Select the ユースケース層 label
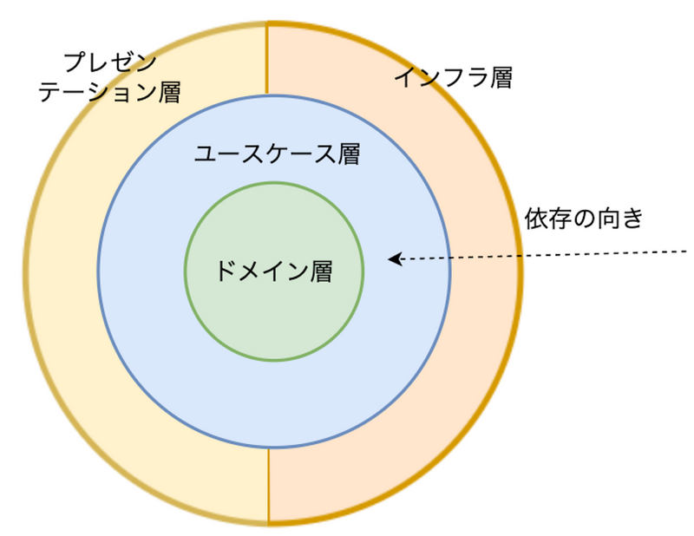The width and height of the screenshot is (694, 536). [x=276, y=155]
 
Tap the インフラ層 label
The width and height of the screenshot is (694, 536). [x=453, y=78]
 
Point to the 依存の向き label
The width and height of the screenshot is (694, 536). [x=584, y=219]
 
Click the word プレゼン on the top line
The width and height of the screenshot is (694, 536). [x=109, y=62]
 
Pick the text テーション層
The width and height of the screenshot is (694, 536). [x=109, y=91]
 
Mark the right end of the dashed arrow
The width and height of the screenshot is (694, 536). [x=685, y=252]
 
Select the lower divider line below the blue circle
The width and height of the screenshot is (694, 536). [x=268, y=486]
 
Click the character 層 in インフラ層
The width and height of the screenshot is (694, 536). [x=501, y=78]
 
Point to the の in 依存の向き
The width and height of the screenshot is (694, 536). [x=584, y=219]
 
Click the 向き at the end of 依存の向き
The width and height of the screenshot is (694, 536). [x=620, y=219]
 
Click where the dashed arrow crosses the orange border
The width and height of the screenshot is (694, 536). [x=520, y=256]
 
